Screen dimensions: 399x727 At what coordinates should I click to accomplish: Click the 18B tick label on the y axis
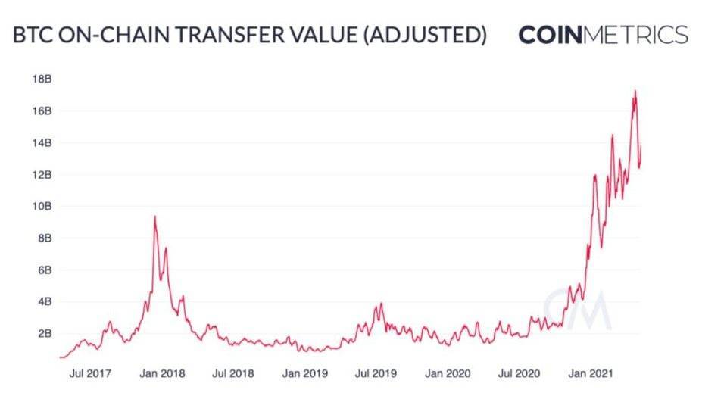tap(41, 79)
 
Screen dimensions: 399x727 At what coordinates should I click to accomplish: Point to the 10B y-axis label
tap(41, 206)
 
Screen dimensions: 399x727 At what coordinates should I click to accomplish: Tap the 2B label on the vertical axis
tap(43, 333)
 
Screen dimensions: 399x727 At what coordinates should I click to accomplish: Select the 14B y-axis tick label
tap(41, 142)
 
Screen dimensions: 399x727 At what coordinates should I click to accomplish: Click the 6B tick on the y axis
tap(43, 270)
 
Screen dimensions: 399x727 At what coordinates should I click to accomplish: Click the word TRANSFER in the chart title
tap(214, 36)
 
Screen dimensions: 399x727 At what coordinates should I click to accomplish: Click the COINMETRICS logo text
tap(603, 35)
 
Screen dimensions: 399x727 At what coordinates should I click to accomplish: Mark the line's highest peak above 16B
tap(635, 92)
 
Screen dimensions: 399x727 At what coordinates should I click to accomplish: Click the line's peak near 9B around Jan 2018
tap(155, 217)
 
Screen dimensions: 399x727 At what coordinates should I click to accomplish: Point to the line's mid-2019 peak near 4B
tap(382, 304)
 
